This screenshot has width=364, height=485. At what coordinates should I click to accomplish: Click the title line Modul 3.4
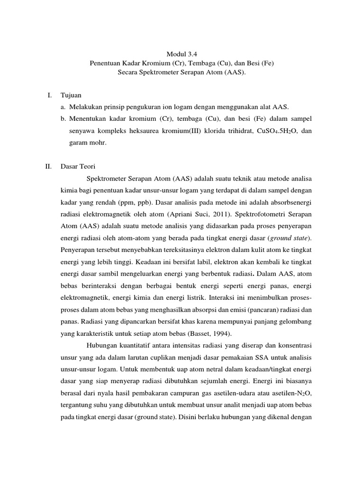182,54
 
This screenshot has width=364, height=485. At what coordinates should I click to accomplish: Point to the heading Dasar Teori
79,166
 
